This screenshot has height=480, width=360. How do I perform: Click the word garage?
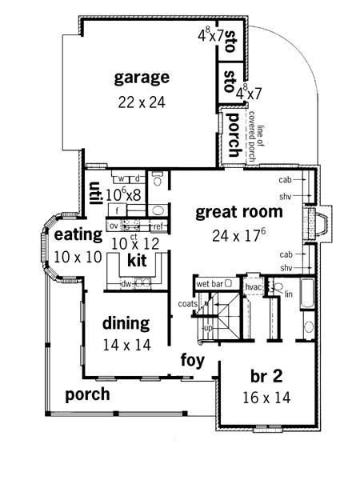tap(142, 78)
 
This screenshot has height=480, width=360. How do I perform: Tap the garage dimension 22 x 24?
tap(142, 102)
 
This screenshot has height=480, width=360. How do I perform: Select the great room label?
tap(239, 213)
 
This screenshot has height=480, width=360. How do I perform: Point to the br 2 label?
tap(266, 376)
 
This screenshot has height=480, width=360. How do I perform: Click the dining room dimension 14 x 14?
tap(126, 346)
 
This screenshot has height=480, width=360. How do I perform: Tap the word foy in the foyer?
tap(193, 360)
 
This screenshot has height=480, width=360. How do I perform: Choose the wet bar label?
tap(210, 284)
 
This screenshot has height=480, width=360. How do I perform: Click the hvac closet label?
tap(254, 287)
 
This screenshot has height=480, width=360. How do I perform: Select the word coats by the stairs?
tap(188, 304)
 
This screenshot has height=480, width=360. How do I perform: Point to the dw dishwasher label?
tap(126, 284)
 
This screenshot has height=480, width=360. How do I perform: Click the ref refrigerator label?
tap(158, 226)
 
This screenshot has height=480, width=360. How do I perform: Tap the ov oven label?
tap(114, 226)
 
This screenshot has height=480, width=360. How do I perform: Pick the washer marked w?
tap(122, 178)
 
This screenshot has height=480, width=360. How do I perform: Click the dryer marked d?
tap(138, 178)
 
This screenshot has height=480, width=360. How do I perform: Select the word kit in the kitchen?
tap(137, 261)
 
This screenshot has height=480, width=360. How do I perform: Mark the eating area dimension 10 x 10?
tap(78, 257)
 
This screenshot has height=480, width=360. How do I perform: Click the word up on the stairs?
tap(208, 329)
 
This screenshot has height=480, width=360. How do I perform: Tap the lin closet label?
tap(289, 294)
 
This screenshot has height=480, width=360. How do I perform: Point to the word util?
tap(95, 194)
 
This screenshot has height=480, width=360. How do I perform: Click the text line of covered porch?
tap(256, 136)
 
